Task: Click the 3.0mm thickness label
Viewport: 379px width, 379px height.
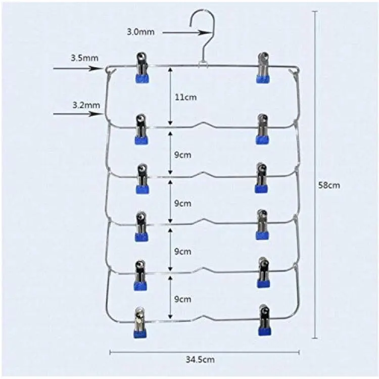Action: pyautogui.click(x=140, y=32)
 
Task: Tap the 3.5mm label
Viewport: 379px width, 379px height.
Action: pyautogui.click(x=84, y=58)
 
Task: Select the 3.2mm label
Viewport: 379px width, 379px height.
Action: pyautogui.click(x=86, y=105)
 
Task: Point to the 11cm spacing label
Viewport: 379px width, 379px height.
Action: pyautogui.click(x=185, y=97)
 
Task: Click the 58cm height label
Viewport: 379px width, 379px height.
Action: pyautogui.click(x=329, y=185)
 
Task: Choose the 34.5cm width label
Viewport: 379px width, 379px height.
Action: pyautogui.click(x=200, y=359)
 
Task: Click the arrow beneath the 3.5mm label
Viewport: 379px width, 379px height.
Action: pyautogui.click(x=78, y=69)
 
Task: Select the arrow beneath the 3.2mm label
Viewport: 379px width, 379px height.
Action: pyautogui.click(x=77, y=114)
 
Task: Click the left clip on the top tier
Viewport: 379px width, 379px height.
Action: pyautogui.click(x=142, y=68)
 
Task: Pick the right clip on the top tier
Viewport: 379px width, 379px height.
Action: pyautogui.click(x=263, y=67)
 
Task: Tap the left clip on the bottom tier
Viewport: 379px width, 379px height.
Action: pyautogui.click(x=140, y=322)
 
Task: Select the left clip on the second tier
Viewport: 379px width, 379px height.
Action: pyautogui.click(x=141, y=129)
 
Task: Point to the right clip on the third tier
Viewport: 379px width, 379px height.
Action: pyautogui.click(x=262, y=178)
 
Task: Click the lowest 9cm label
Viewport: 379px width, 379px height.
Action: pyautogui.click(x=183, y=299)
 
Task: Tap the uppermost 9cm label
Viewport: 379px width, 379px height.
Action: pyautogui.click(x=183, y=155)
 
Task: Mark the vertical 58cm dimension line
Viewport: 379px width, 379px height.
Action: pyautogui.click(x=314, y=174)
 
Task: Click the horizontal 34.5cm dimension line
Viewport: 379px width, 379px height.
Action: pyautogui.click(x=205, y=352)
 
